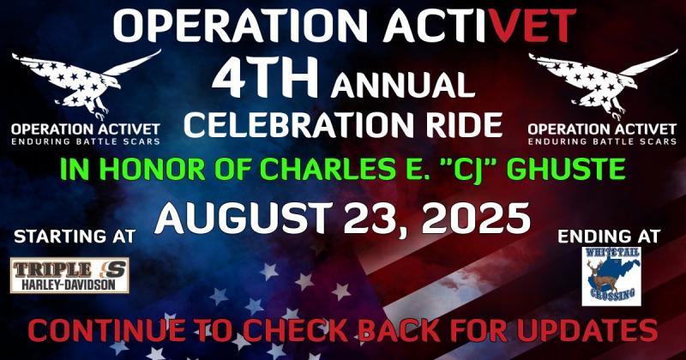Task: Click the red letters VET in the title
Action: pyautogui.click(x=533, y=26)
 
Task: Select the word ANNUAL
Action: pyautogui.click(x=403, y=86)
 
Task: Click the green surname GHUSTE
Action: pyautogui.click(x=568, y=168)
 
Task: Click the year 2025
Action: pyautogui.click(x=476, y=218)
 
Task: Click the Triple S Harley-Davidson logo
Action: pyautogui.click(x=69, y=275)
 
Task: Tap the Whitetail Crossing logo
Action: pyautogui.click(x=611, y=276)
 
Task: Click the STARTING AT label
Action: pyautogui.click(x=75, y=237)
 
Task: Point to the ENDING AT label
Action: pyautogui.click(x=609, y=237)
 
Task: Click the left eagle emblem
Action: pyautogui.click(x=86, y=83)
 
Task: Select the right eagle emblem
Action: pyautogui.click(x=603, y=83)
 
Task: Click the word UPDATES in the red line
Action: pyautogui.click(x=587, y=331)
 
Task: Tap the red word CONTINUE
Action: pyautogui.click(x=106, y=331)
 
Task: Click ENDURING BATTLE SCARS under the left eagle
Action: pyautogui.click(x=86, y=141)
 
